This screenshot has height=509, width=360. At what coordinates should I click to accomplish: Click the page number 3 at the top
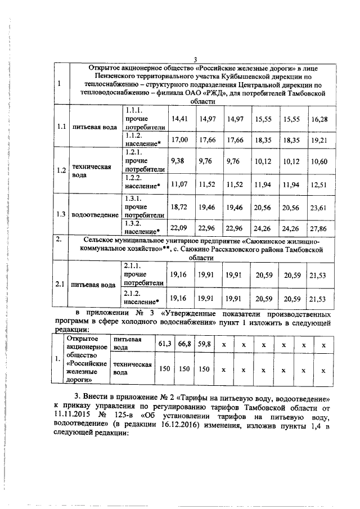(195, 60)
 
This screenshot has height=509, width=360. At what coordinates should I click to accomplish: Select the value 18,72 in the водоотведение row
(179, 207)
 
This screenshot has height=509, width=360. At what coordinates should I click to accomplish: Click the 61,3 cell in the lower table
(165, 343)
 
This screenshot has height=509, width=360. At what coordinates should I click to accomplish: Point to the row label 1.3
(61, 214)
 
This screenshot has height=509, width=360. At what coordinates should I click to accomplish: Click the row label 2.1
(61, 285)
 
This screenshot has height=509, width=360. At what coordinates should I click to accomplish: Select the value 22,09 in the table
(179, 228)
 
